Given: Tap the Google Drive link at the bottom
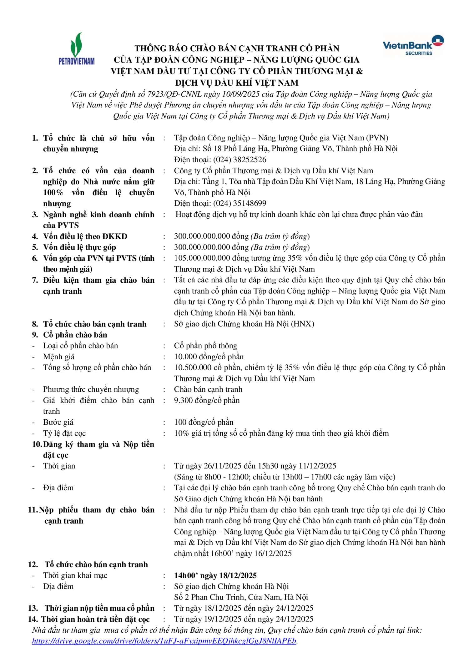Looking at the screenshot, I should (x=164, y=641).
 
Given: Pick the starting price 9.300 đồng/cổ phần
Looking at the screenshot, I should (x=207, y=401).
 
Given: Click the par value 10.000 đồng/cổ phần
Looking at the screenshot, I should (x=209, y=357).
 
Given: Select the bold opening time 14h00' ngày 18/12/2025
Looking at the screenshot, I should (x=215, y=576).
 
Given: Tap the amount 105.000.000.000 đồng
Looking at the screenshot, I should (x=211, y=258).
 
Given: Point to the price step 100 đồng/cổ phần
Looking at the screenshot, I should (x=204, y=423).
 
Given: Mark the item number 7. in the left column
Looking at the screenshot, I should (x=35, y=280).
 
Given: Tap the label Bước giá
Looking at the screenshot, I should (x=58, y=423).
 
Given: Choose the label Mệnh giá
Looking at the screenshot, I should (x=59, y=357).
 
